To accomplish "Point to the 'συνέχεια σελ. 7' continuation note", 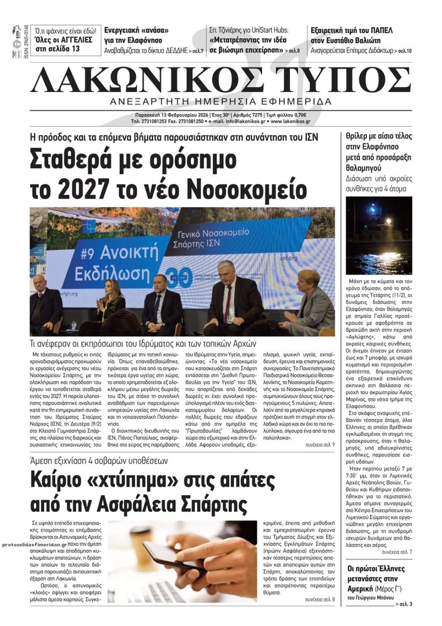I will pyautogui.click(x=397, y=552).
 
